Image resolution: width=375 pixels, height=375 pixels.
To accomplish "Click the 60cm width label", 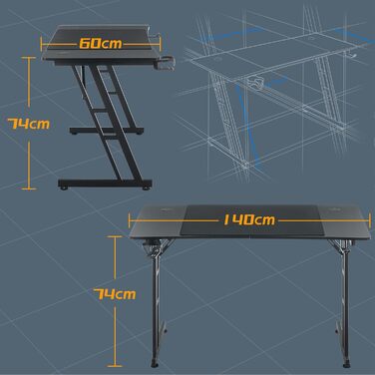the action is (x=101, y=44).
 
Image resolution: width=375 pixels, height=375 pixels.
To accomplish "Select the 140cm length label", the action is (x=249, y=219).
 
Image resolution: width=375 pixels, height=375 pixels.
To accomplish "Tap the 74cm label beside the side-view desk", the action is (x=29, y=124).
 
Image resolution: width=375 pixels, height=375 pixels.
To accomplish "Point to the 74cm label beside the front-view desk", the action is (x=115, y=294).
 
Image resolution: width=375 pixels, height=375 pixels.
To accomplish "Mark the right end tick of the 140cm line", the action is (x=370, y=219).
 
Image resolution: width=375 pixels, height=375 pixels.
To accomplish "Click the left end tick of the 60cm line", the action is (x=42, y=44).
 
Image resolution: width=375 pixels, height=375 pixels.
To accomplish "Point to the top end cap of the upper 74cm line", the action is (x=29, y=58).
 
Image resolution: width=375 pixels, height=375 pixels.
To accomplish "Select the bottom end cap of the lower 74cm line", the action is (x=115, y=366).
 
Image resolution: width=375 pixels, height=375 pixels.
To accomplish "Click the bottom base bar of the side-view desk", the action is (x=105, y=184).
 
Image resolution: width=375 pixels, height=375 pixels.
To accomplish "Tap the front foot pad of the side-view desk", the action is (x=146, y=188).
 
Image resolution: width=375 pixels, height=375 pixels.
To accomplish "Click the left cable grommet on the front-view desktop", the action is (x=166, y=209).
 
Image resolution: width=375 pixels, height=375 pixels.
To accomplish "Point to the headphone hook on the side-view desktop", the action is (x=156, y=36).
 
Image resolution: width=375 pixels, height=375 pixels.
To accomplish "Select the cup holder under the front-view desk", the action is (x=148, y=247).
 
